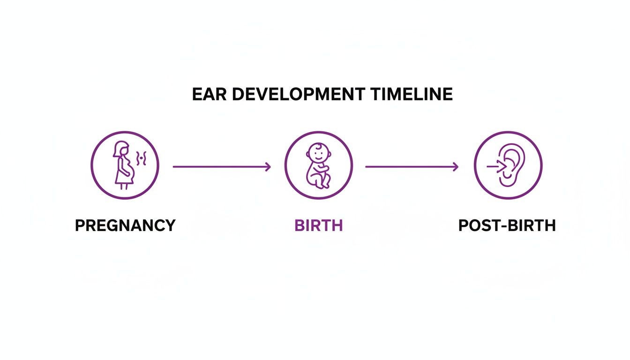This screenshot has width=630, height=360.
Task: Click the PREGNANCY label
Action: pyautogui.click(x=125, y=225)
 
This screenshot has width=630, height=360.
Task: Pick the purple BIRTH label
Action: pyautogui.click(x=318, y=225)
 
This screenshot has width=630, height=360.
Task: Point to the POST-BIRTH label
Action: pyautogui.click(x=507, y=225)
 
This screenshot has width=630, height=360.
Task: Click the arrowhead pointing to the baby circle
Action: pyautogui.click(x=268, y=166)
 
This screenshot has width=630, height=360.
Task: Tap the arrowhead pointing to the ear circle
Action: pyautogui.click(x=455, y=166)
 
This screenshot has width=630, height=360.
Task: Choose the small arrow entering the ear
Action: pyautogui.click(x=495, y=165)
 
